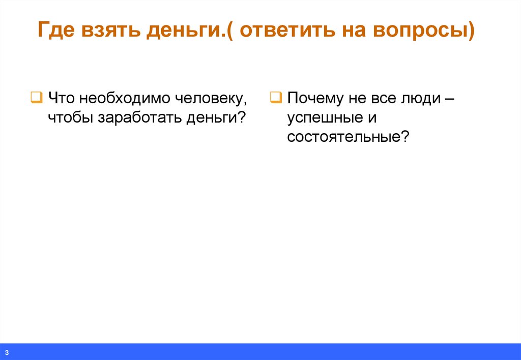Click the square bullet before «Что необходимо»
click(36, 97)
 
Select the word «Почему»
click(315, 98)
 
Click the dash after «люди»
click(449, 98)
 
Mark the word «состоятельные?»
click(348, 137)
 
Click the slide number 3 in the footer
click(8, 352)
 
